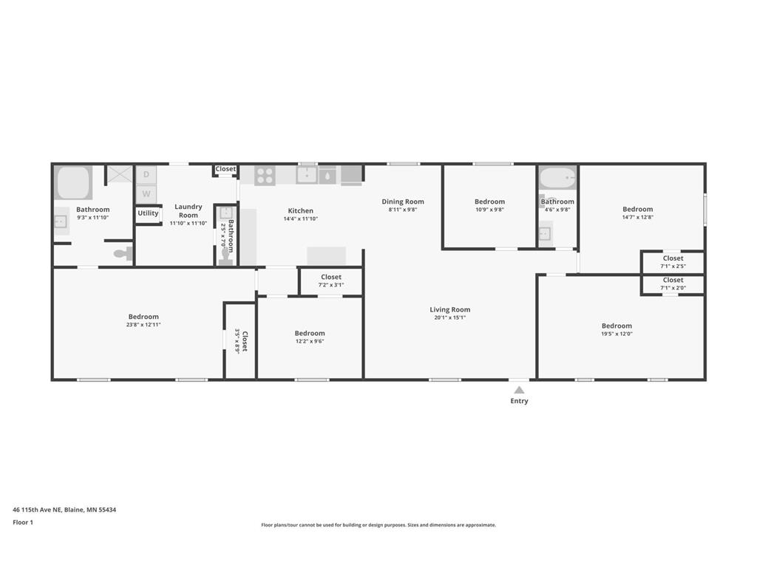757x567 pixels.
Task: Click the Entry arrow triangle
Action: pos(519,390)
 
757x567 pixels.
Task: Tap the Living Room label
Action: pos(450,309)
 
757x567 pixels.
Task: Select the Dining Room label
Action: pos(403,202)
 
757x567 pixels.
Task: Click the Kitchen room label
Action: pos(300,210)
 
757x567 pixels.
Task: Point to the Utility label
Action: pos(148,213)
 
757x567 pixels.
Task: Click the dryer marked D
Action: pos(146,175)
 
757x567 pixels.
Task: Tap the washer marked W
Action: pos(146,194)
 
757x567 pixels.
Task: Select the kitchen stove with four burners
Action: pos(265,176)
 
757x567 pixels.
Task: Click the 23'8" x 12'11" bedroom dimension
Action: pos(143,325)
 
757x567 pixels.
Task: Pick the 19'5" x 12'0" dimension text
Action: pos(617,334)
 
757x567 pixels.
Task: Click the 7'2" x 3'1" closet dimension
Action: pos(331,285)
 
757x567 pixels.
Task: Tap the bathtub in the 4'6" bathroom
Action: pos(557,178)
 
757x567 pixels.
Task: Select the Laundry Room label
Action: pos(189,210)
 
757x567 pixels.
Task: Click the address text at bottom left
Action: pos(64,509)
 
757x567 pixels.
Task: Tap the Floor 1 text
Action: pos(23,522)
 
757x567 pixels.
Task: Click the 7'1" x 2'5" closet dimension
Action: pos(673,266)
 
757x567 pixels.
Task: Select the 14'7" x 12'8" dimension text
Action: pos(637,217)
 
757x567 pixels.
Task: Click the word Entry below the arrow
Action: pos(519,401)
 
